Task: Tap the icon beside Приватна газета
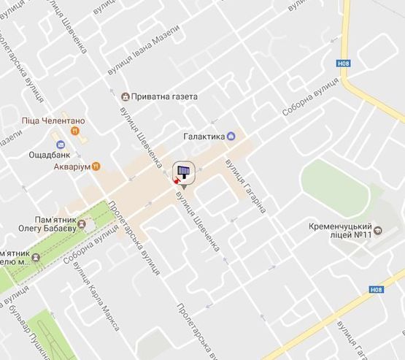(126, 96)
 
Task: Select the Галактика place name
(203, 136)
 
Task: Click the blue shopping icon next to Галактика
(231, 135)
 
